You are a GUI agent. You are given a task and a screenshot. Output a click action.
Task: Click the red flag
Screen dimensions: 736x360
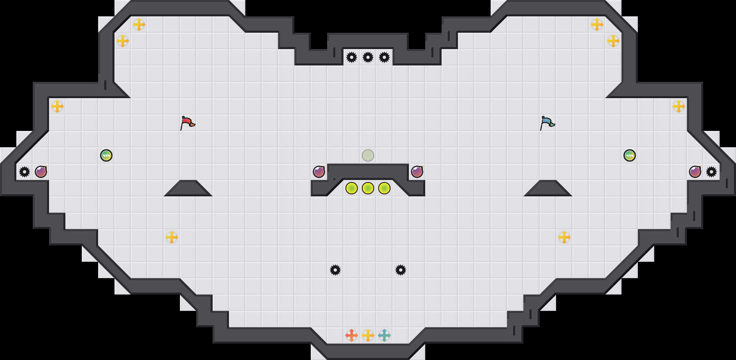pos(187,122)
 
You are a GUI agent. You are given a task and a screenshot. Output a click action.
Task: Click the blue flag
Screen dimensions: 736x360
pos(547,122)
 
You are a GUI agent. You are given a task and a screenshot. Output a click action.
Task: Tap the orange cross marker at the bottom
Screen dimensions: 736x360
pos(352,335)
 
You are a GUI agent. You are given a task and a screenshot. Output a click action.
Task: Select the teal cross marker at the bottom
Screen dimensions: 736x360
pos(384,335)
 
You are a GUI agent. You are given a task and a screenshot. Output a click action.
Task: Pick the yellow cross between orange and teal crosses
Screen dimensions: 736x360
pos(368,335)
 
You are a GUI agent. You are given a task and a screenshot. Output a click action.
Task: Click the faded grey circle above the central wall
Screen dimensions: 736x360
pos(368,155)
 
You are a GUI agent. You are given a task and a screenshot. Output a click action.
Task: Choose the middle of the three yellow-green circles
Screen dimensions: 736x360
pos(368,188)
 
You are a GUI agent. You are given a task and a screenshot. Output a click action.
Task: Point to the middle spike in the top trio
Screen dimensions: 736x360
pos(368,57)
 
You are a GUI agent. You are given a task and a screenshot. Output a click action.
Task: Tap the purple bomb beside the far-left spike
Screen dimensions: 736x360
pos(41,172)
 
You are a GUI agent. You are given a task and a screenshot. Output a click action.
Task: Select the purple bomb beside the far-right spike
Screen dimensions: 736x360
pos(695,172)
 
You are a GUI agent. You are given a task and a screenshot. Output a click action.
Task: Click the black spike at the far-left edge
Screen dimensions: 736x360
pos(25,172)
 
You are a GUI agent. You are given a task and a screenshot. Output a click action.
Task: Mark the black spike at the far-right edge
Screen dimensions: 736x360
pos(711,172)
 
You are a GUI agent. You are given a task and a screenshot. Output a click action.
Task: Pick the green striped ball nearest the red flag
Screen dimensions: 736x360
pos(106,155)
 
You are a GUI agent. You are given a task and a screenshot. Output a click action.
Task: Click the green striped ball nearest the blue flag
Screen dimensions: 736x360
pos(630,155)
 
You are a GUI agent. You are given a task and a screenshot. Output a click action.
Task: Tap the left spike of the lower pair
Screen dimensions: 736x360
pos(335,270)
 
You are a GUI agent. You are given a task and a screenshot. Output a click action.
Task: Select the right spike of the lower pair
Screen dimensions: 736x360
pos(401,270)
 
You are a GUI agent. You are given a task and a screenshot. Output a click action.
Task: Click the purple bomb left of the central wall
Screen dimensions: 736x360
pos(319,172)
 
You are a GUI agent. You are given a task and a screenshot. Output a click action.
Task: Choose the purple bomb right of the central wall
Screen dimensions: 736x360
pos(417,172)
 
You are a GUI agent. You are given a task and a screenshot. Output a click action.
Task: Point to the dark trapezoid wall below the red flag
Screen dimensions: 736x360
pos(188,189)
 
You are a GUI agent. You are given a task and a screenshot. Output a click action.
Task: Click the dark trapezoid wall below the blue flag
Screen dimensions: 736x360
pos(548,189)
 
